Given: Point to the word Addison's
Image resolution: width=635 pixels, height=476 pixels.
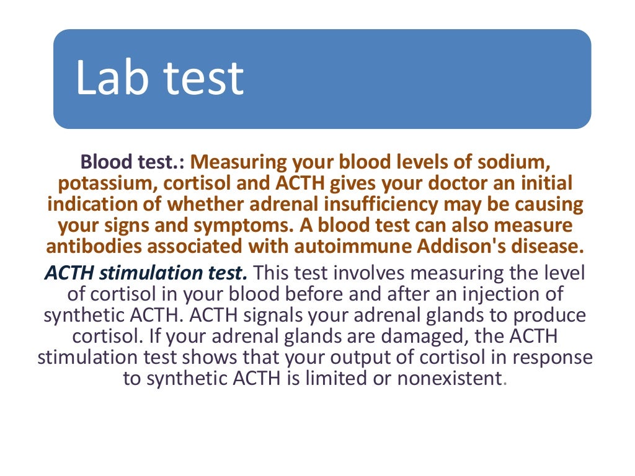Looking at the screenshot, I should point(467,247).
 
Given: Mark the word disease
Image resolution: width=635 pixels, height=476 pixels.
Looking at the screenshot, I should point(552,247).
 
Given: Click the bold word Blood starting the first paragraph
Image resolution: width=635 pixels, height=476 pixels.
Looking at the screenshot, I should point(104,162).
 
